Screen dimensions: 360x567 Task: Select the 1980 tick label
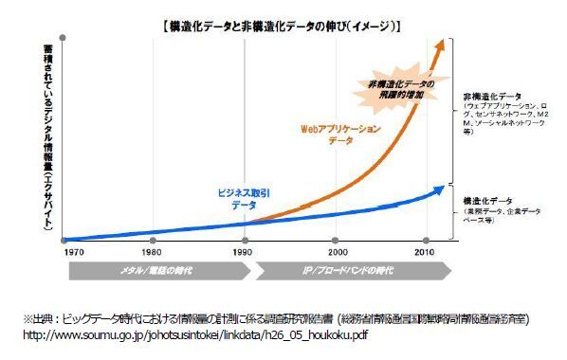coord(152,253)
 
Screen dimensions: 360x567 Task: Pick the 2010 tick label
coord(423,253)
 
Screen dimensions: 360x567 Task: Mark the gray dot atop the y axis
coord(62,37)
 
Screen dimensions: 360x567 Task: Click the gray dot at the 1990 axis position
coord(246,240)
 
